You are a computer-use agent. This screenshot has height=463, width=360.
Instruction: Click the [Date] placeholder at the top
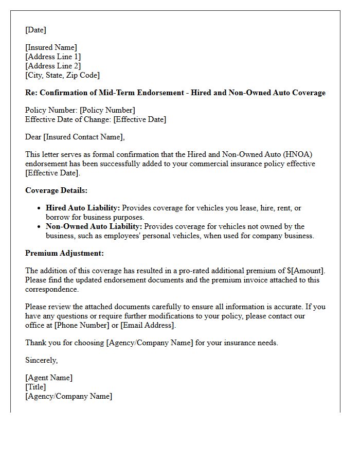pyautogui.click(x=35, y=30)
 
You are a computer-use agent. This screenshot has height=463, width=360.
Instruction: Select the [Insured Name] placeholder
pyautogui.click(x=51, y=47)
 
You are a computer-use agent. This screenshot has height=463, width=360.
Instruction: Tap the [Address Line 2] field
pyautogui.click(x=53, y=66)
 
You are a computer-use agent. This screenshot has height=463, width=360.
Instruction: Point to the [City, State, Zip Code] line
pyautogui.click(x=62, y=75)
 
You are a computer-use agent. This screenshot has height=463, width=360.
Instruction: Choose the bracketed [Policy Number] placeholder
pyautogui.click(x=107, y=110)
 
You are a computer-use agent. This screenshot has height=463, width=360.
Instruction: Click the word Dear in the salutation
pyautogui.click(x=33, y=137)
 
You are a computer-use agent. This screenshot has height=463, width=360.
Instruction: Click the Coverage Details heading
pyautogui.click(x=56, y=190)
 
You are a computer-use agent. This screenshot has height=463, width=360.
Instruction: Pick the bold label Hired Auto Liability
pyautogui.click(x=83, y=208)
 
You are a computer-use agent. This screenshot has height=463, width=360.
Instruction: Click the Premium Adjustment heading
pyautogui.click(x=64, y=253)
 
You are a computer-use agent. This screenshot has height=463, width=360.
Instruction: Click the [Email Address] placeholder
pyautogui.click(x=148, y=325)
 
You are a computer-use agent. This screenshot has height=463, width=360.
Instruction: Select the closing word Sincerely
pyautogui.click(x=41, y=360)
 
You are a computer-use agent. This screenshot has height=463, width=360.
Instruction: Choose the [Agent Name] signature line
pyautogui.click(x=49, y=378)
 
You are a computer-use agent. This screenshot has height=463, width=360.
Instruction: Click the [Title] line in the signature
pyautogui.click(x=35, y=387)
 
